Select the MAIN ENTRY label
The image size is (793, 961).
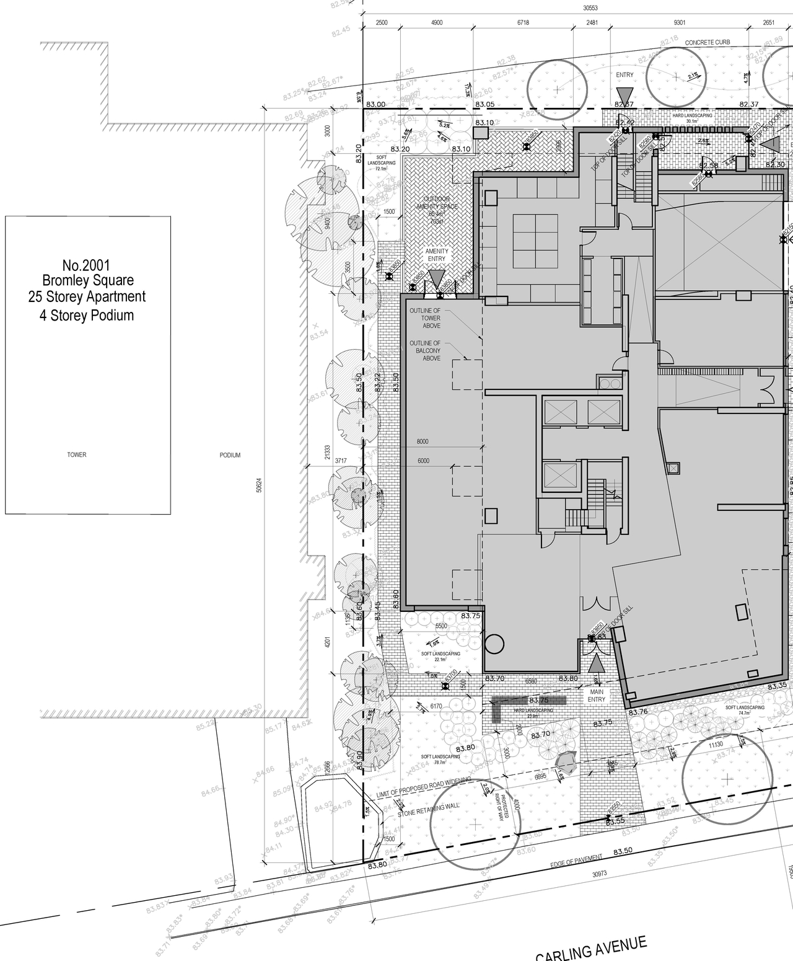(x=596, y=695)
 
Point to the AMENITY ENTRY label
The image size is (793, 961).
(x=436, y=255)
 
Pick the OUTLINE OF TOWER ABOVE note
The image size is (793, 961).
(x=424, y=318)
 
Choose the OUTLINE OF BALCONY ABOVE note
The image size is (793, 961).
(x=424, y=350)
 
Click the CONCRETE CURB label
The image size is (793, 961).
(x=708, y=43)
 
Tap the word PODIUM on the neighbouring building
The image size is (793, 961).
(x=230, y=455)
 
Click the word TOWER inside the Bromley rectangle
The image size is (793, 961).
(x=77, y=455)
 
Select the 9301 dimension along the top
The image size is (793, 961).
(x=679, y=22)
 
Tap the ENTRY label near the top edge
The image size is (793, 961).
(x=624, y=75)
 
